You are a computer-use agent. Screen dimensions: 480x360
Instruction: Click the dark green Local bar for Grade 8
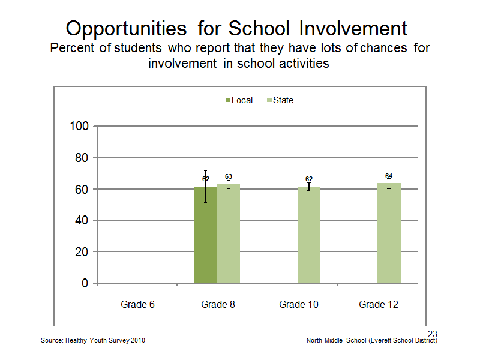coord(206,235)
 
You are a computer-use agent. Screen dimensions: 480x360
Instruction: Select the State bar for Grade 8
coord(229,233)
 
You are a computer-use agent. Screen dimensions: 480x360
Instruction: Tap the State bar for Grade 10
coord(309,235)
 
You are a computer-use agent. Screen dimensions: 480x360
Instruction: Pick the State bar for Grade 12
coord(389,233)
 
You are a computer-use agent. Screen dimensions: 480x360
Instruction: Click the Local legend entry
coord(239,100)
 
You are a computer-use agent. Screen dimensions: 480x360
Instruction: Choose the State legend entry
coord(280,100)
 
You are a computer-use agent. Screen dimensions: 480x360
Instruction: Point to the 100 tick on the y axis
coord(79,126)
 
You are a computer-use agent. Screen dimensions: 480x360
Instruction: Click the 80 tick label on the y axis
coord(82,158)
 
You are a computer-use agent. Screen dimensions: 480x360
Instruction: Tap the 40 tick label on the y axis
coord(82,220)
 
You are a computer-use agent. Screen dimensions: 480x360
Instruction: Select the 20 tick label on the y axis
coord(82,252)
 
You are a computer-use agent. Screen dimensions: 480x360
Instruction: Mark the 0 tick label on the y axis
coord(85,283)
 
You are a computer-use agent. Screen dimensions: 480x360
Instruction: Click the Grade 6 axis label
coord(137,305)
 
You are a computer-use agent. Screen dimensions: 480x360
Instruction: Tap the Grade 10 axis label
coord(299,305)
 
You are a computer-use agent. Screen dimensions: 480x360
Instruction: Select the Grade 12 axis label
coord(379,305)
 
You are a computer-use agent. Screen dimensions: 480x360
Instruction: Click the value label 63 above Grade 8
coord(229,176)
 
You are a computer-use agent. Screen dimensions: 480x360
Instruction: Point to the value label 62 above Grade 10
coord(309,179)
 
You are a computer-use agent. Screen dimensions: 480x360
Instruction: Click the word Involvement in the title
coord(353,28)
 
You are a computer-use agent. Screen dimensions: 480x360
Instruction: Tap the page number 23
coord(433,334)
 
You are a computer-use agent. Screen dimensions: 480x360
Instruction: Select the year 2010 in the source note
coord(138,340)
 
